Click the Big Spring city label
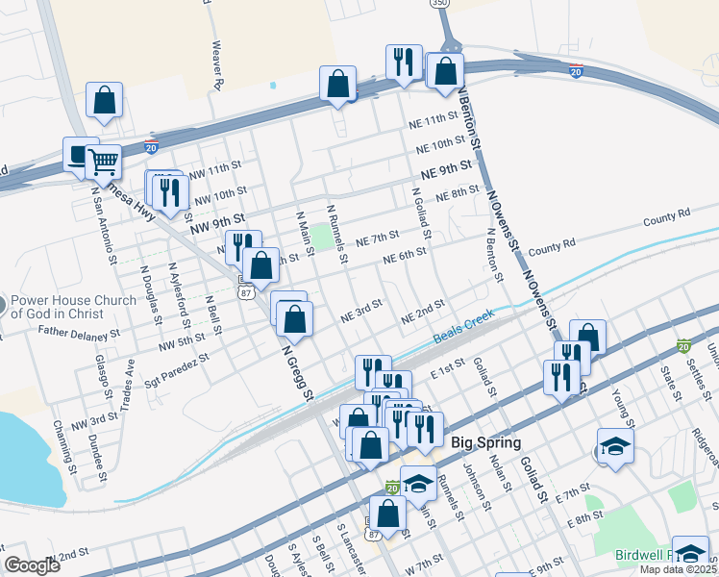tap(485, 443)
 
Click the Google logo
tap(32, 565)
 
